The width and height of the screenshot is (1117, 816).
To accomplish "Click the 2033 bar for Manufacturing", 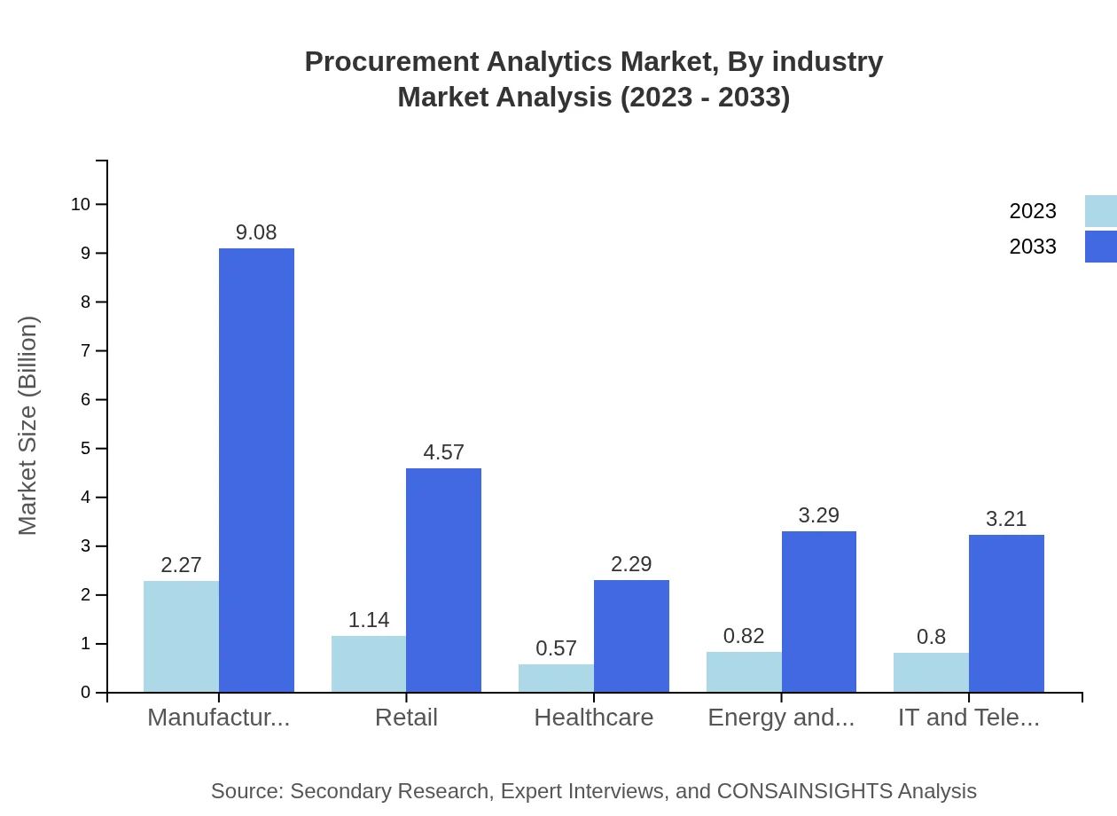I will pyautogui.click(x=256, y=470).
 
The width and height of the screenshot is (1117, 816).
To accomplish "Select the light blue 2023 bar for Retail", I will pyautogui.click(x=369, y=663).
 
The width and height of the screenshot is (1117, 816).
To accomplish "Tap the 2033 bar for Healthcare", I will pyautogui.click(x=631, y=636).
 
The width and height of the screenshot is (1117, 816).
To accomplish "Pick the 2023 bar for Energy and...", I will pyautogui.click(x=744, y=671).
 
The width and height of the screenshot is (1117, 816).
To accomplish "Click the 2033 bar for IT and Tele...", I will pyautogui.click(x=1006, y=613).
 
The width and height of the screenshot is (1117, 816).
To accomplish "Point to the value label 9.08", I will pyautogui.click(x=256, y=232).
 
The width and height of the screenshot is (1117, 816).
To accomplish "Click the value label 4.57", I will pyautogui.click(x=443, y=452).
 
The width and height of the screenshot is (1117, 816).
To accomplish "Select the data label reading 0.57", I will pyautogui.click(x=556, y=648).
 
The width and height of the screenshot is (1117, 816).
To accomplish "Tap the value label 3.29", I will pyautogui.click(x=818, y=515).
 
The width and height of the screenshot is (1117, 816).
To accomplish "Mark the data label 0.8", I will pyautogui.click(x=931, y=637).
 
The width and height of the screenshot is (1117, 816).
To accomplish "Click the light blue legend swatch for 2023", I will pyautogui.click(x=1100, y=211).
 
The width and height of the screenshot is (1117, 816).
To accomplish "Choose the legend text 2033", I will pyautogui.click(x=1032, y=247).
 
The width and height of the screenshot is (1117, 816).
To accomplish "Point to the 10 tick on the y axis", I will pyautogui.click(x=81, y=204).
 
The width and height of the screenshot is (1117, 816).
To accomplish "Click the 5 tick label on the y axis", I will pyautogui.click(x=86, y=449).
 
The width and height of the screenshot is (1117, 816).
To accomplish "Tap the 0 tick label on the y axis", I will pyautogui.click(x=86, y=693).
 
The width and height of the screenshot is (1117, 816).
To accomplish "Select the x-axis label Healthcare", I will pyautogui.click(x=593, y=718).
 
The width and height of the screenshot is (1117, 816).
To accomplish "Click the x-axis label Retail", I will pyautogui.click(x=406, y=718).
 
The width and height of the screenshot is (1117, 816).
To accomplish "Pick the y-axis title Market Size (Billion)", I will pyautogui.click(x=28, y=426).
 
